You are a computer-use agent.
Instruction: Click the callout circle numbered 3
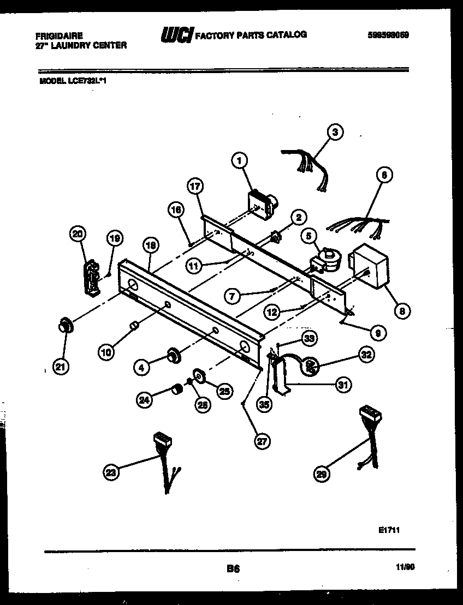click(x=335, y=131)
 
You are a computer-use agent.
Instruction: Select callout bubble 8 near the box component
click(x=402, y=311)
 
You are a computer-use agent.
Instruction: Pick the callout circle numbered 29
click(x=323, y=475)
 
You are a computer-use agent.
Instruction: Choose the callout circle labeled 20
click(x=79, y=234)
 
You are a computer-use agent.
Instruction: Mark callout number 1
click(x=239, y=160)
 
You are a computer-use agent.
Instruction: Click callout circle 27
click(x=263, y=441)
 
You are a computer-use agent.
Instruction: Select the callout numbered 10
click(x=107, y=352)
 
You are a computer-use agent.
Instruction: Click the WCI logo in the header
click(x=176, y=35)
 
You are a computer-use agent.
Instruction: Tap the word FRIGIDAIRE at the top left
click(x=60, y=35)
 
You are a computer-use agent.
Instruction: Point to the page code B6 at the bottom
click(x=233, y=568)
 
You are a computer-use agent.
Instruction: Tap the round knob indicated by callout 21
click(x=66, y=326)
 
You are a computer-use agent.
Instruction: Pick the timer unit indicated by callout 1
click(x=260, y=201)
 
